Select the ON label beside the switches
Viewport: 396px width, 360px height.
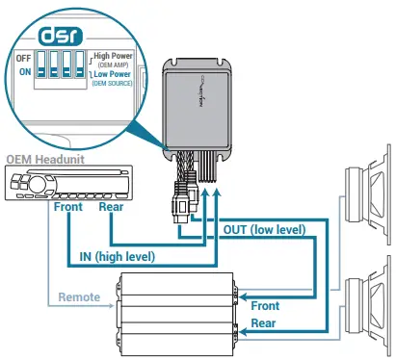tap(24, 71)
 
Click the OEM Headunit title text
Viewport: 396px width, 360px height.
tap(44, 158)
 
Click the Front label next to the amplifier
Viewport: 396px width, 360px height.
tap(265, 305)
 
